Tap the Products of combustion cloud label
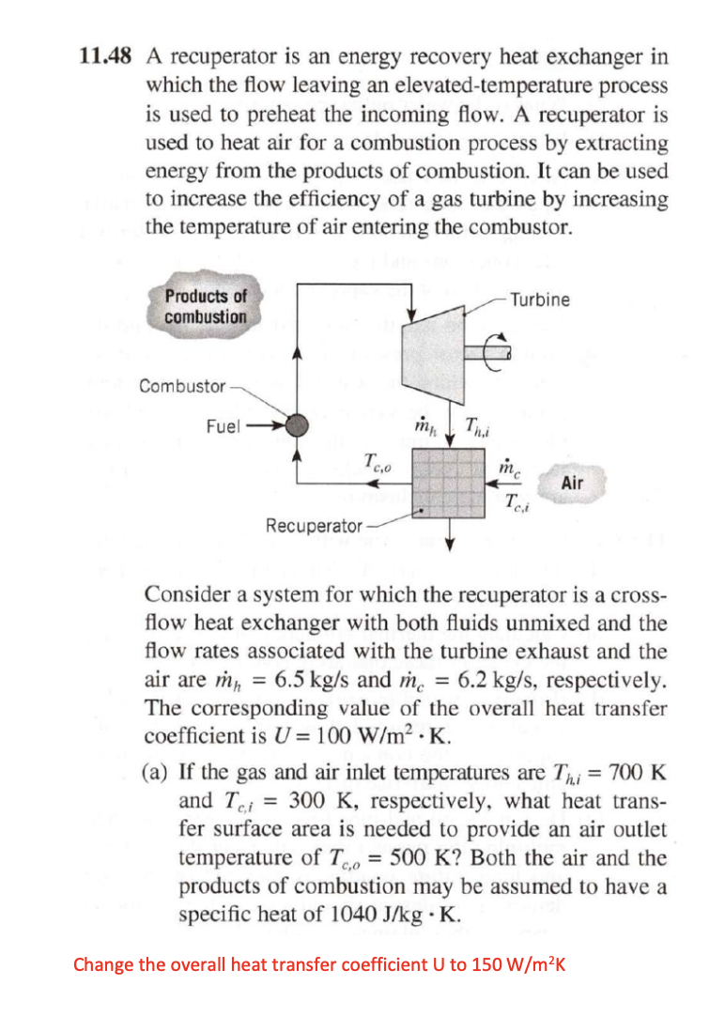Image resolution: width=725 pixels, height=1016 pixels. point(206,306)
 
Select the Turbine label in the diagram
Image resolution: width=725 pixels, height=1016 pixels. point(541,300)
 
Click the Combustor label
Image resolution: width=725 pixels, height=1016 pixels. point(182,386)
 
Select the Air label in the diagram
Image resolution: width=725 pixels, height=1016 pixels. point(572,483)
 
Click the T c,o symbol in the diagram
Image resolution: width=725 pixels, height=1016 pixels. point(375,461)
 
